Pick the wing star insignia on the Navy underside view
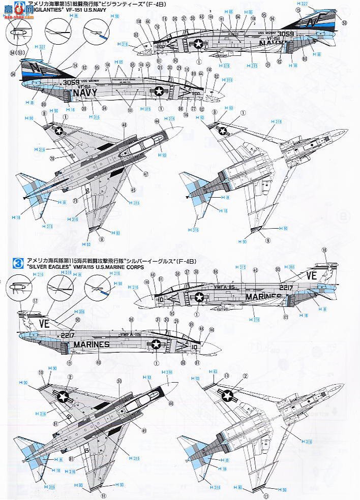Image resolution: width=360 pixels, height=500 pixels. pos(225,131)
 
